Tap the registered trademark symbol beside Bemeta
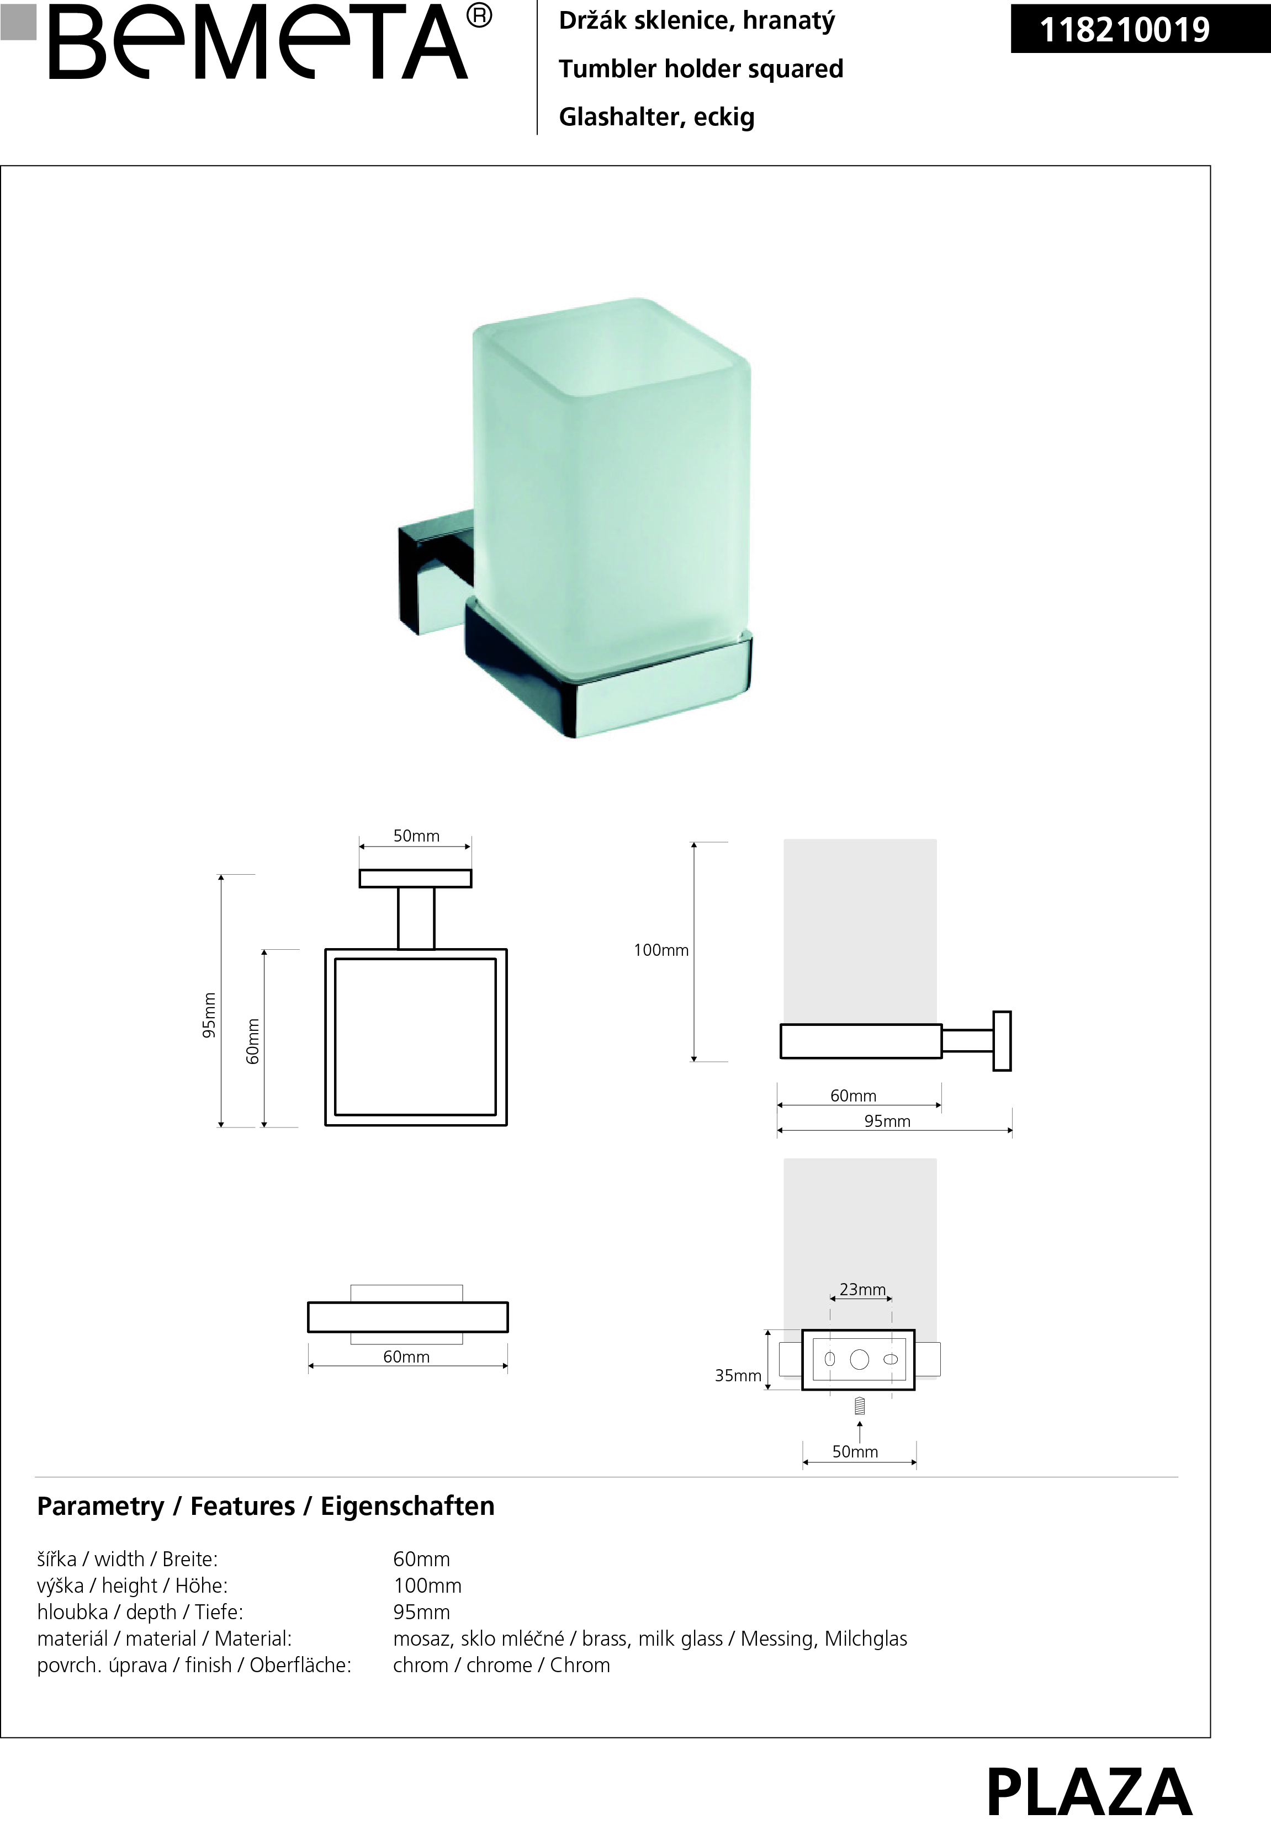(x=479, y=15)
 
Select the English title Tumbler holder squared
(x=701, y=68)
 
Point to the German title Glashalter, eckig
(x=656, y=117)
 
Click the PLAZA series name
(x=1089, y=1792)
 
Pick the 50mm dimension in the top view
(x=416, y=836)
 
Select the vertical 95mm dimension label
(x=209, y=1015)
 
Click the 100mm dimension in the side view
(x=661, y=950)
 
